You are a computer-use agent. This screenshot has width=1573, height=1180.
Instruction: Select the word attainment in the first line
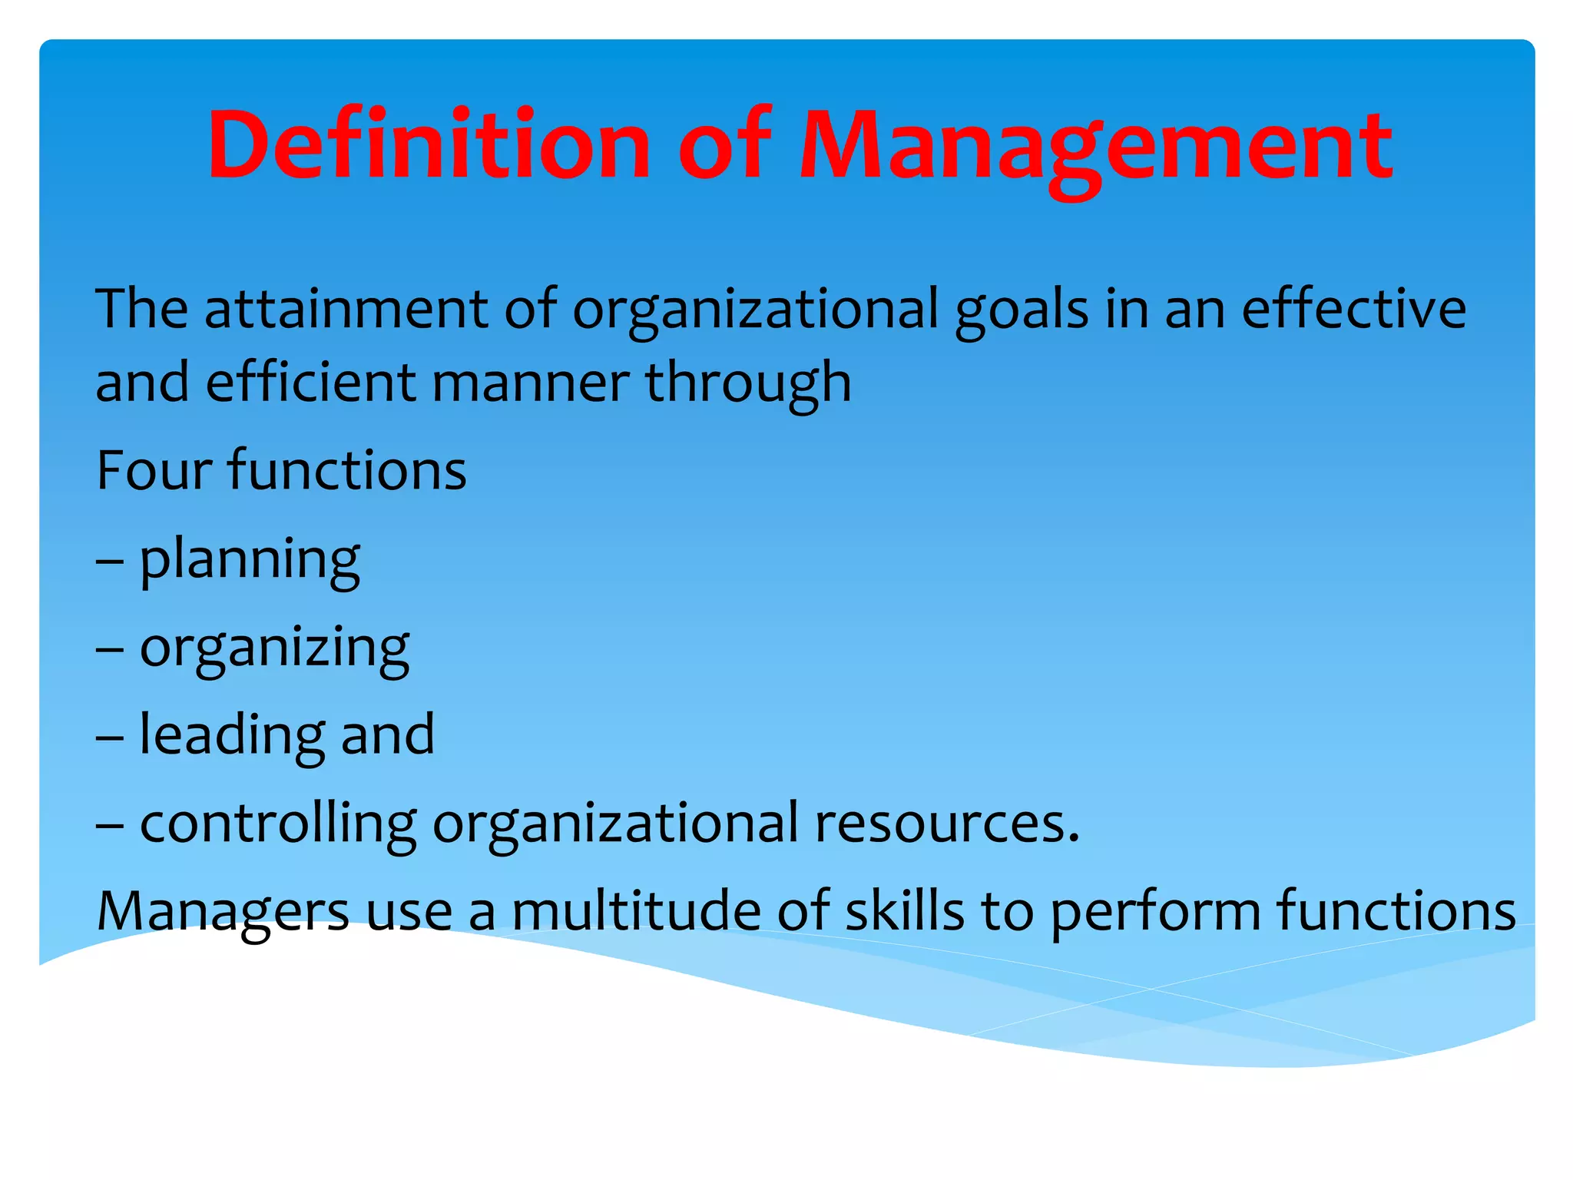coord(346,309)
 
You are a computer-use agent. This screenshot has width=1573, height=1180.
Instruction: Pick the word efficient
coord(311,382)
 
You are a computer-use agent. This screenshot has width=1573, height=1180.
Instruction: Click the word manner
coord(531,383)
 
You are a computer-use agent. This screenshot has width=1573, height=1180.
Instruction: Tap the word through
coord(748,383)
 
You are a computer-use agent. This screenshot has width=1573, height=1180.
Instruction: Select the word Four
coord(151,470)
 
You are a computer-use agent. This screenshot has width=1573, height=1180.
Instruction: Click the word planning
coord(250,560)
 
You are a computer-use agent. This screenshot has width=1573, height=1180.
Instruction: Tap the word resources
coord(946,823)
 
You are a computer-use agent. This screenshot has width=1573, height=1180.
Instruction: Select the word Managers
coord(223,912)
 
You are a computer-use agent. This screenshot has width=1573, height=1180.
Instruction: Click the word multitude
coord(635,910)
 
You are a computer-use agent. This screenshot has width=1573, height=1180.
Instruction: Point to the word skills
coord(904,910)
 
